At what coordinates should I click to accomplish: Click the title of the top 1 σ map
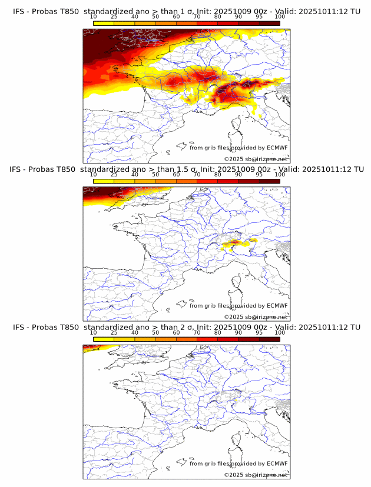186,11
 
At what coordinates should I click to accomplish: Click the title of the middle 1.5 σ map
186,169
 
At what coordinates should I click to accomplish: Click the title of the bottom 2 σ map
186,327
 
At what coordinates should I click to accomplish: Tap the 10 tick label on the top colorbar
93,17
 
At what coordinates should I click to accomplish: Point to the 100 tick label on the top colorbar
280,17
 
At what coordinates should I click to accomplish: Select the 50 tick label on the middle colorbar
155,175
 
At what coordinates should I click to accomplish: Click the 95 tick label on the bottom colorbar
259,333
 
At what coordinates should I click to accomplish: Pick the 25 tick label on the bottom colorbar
114,333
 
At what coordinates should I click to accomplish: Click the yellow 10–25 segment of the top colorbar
104,23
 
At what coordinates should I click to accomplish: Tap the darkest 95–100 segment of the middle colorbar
269,181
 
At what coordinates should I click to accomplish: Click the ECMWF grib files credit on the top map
238,148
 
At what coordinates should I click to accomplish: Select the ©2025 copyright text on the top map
256,159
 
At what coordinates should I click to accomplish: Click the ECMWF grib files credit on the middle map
238,306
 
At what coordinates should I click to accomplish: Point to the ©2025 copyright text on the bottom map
256,475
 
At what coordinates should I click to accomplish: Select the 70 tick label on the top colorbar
197,17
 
